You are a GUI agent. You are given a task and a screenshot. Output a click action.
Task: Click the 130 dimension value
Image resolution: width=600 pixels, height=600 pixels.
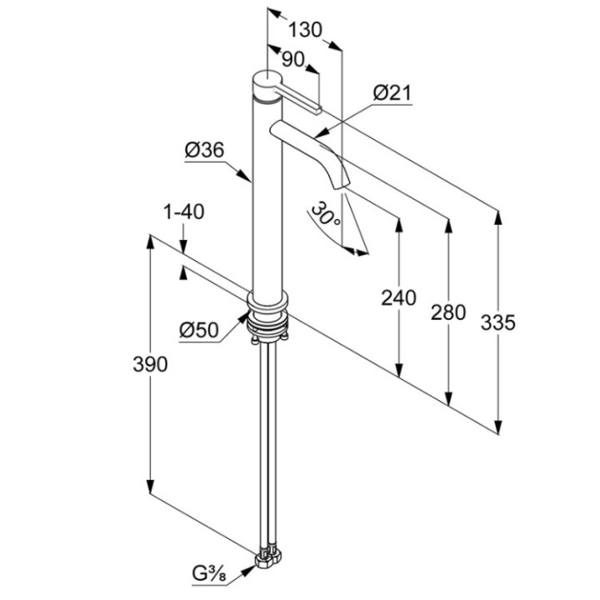(x=305, y=30)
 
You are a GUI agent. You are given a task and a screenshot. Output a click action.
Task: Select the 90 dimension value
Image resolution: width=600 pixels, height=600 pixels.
(x=293, y=59)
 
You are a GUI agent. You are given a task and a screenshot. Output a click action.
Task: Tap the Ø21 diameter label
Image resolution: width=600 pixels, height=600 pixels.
(x=392, y=94)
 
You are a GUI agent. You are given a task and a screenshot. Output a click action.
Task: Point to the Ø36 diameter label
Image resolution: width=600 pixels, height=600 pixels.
(x=204, y=150)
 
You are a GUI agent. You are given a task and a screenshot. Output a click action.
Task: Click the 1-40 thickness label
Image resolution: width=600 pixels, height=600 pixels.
(x=183, y=212)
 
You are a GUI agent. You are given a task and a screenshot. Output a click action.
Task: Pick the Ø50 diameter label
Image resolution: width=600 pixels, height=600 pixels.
(x=198, y=330)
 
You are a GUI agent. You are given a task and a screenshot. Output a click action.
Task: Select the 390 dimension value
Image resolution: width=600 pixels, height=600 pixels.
(x=151, y=364)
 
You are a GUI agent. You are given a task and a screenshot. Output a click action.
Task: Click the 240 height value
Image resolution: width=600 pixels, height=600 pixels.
(x=398, y=297)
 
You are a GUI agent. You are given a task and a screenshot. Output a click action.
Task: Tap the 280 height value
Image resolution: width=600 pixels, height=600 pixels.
(x=448, y=312)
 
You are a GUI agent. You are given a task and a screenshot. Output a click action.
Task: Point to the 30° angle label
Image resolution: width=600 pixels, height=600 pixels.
(x=325, y=215)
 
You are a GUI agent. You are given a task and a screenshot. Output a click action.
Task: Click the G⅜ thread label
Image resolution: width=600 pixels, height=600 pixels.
(x=214, y=572)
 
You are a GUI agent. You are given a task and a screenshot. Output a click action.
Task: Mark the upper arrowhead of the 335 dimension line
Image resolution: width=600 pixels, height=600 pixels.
(x=498, y=215)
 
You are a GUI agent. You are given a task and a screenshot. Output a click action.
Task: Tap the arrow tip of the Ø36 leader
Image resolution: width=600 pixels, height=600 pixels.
(x=251, y=180)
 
